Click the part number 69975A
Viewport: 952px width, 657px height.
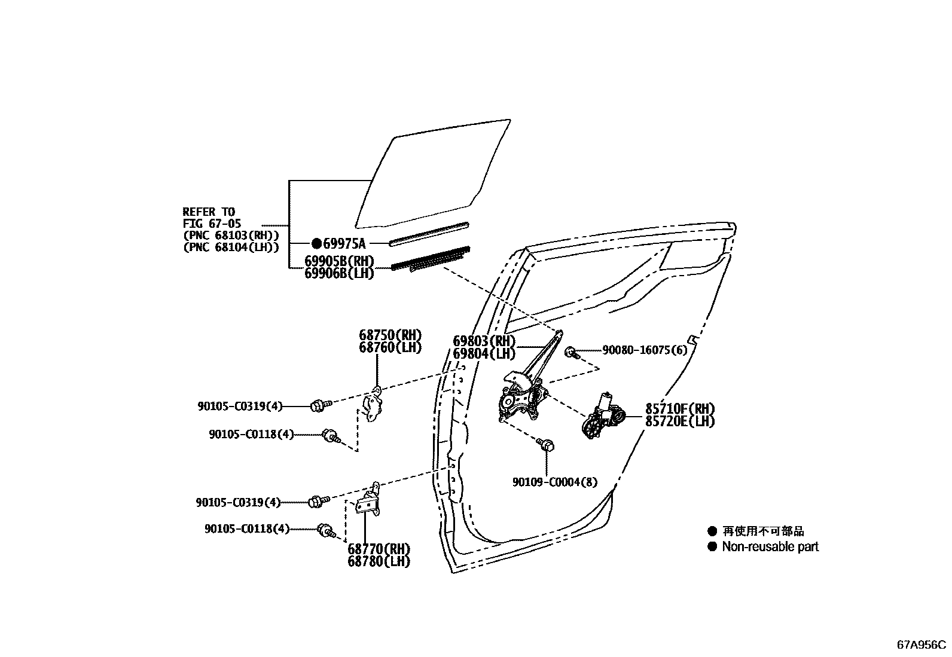coord(344,243)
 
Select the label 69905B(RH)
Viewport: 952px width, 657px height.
coord(339,261)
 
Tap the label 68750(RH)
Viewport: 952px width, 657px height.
coord(390,335)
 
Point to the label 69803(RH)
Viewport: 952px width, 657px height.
coord(484,341)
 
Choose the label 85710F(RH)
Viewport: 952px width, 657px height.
coord(680,409)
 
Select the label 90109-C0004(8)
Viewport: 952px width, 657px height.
coord(554,482)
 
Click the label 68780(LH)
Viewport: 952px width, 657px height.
coord(379,562)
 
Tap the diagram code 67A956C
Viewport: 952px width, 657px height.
coord(922,645)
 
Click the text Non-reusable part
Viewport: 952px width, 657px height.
coord(770,546)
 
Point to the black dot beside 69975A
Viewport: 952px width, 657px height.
coord(316,243)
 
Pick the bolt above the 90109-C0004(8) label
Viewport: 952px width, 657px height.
coord(547,445)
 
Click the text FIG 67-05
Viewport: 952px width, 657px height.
coord(212,224)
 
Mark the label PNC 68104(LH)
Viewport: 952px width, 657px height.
coord(231,247)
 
